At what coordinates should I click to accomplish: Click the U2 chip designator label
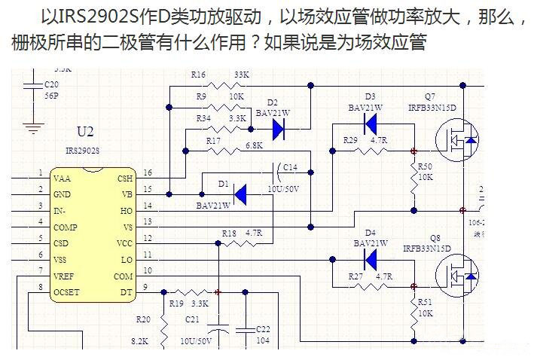pyautogui.click(x=86, y=133)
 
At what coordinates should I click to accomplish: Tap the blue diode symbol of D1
pyautogui.click(x=241, y=194)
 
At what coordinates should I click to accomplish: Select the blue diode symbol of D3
pyautogui.click(x=370, y=126)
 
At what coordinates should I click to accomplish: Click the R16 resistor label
pyautogui.click(x=198, y=75)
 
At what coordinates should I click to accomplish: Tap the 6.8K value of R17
pyautogui.click(x=254, y=145)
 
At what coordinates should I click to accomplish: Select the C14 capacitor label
pyautogui.click(x=290, y=167)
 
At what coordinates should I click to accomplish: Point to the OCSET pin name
pyautogui.click(x=66, y=291)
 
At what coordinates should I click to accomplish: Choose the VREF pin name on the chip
pyautogui.click(x=64, y=276)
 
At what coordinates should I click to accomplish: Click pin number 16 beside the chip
pyautogui.click(x=147, y=173)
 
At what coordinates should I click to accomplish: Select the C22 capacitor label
pyautogui.click(x=263, y=329)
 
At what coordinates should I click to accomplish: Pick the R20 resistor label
pyautogui.click(x=143, y=319)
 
